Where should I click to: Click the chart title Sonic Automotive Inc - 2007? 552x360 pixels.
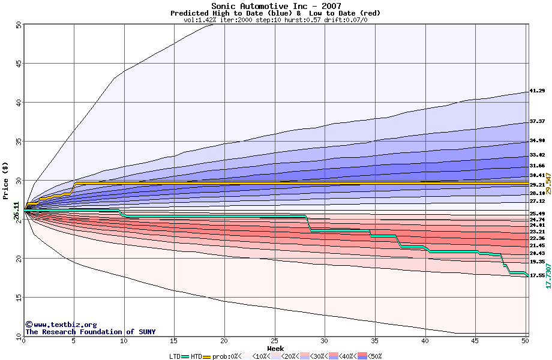(x=275, y=6)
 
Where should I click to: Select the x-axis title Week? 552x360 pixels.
(x=275, y=349)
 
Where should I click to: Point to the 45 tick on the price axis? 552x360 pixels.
(x=19, y=64)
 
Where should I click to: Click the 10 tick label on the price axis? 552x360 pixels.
(x=19, y=337)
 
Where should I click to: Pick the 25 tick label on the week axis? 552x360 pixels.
(x=274, y=341)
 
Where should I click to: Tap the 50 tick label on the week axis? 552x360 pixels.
(x=525, y=341)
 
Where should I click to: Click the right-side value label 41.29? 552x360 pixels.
(x=537, y=91)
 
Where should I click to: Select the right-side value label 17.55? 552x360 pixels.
(x=537, y=275)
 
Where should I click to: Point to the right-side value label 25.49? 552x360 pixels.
(x=537, y=214)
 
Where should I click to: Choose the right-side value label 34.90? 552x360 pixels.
(x=537, y=141)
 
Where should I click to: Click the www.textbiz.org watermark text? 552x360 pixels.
(x=61, y=325)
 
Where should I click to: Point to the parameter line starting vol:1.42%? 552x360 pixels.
(x=275, y=20)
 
